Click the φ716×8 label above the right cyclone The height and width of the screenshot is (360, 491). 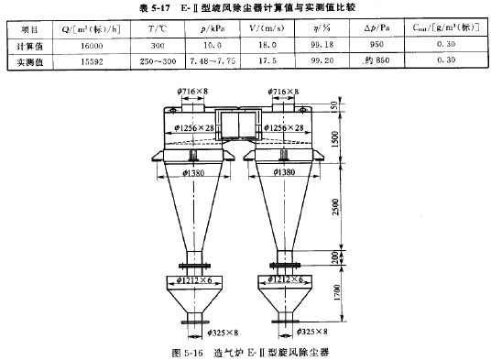coord(289,93)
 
